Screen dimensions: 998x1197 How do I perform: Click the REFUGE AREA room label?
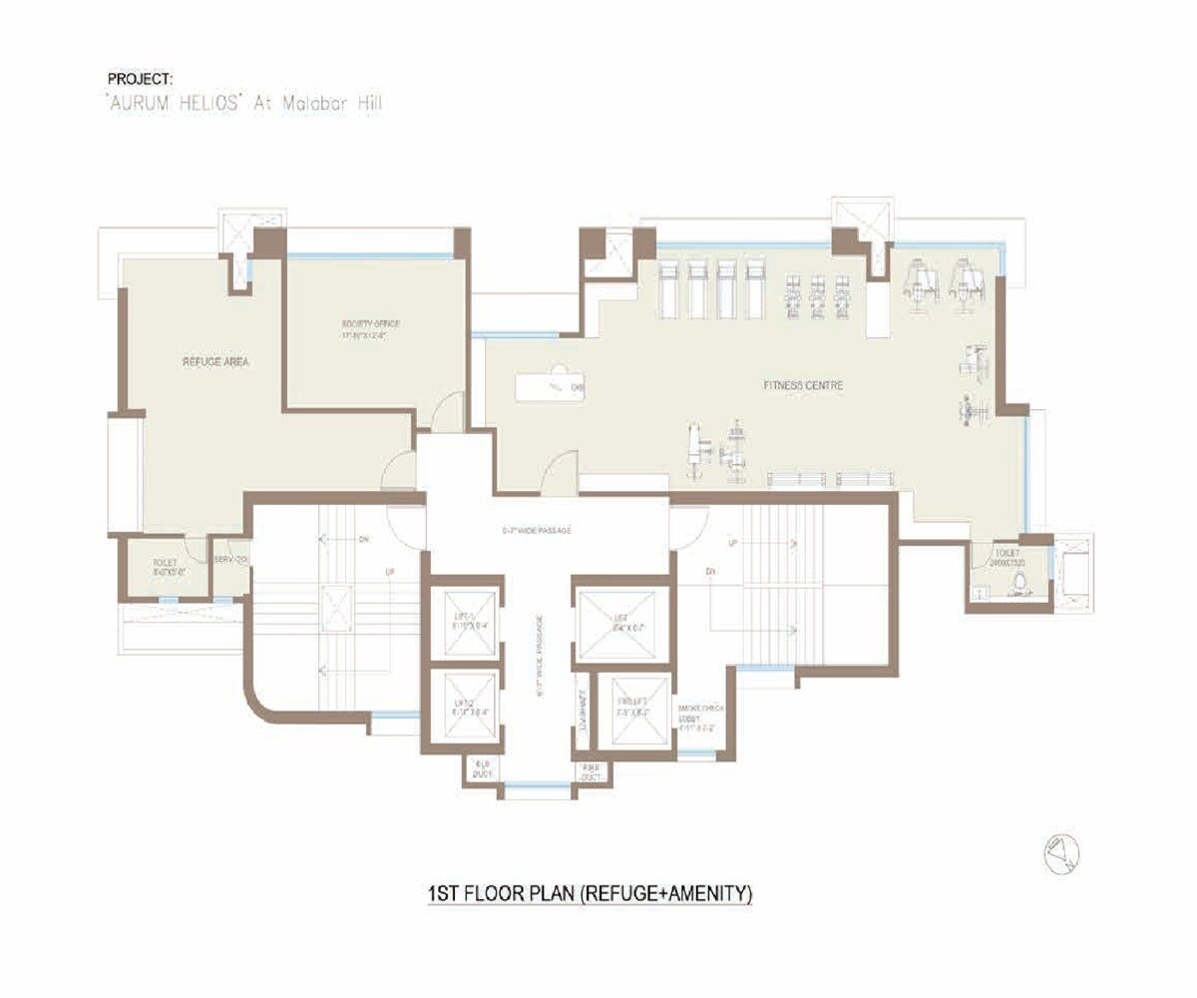(x=215, y=361)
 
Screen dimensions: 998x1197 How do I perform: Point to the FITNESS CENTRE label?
(x=803, y=384)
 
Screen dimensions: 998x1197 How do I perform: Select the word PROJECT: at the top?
(x=140, y=78)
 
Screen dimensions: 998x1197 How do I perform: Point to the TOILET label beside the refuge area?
(x=166, y=568)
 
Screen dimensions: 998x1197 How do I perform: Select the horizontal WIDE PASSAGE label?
(x=538, y=530)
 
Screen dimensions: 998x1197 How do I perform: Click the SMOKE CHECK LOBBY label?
(x=698, y=717)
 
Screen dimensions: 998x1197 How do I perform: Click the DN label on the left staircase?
(x=363, y=539)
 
